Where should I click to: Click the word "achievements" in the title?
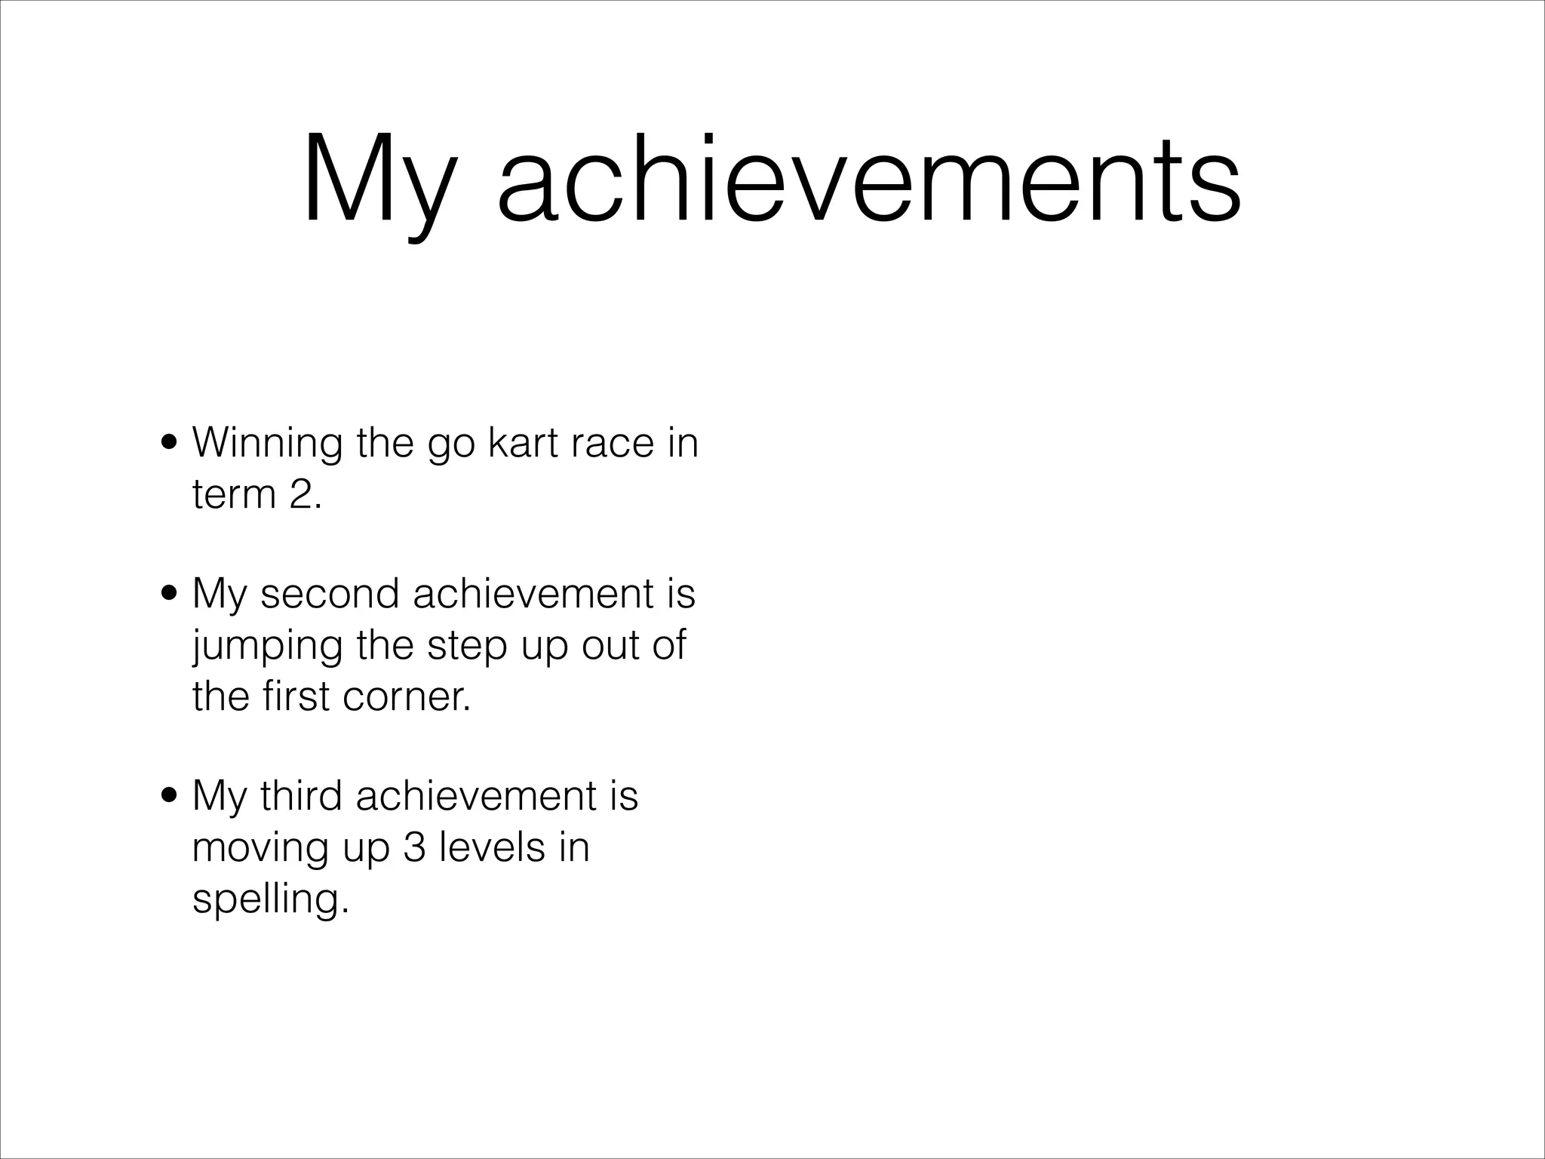tap(868, 181)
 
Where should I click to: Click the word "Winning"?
tap(268, 443)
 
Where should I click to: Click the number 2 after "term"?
tap(305, 495)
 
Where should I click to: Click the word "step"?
tap(468, 646)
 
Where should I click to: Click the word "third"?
tap(302, 795)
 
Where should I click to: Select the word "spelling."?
tap(271, 899)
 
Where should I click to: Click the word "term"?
tap(233, 495)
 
